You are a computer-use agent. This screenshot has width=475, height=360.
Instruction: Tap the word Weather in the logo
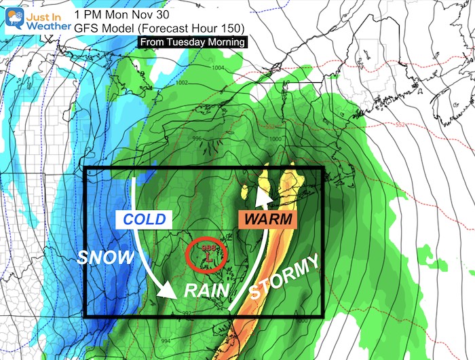(x=46, y=26)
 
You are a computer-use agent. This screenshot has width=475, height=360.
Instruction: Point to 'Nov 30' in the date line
(x=153, y=12)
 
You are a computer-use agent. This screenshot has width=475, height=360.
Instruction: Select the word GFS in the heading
(x=96, y=26)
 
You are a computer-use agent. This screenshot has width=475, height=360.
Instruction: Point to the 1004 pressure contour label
(x=218, y=68)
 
